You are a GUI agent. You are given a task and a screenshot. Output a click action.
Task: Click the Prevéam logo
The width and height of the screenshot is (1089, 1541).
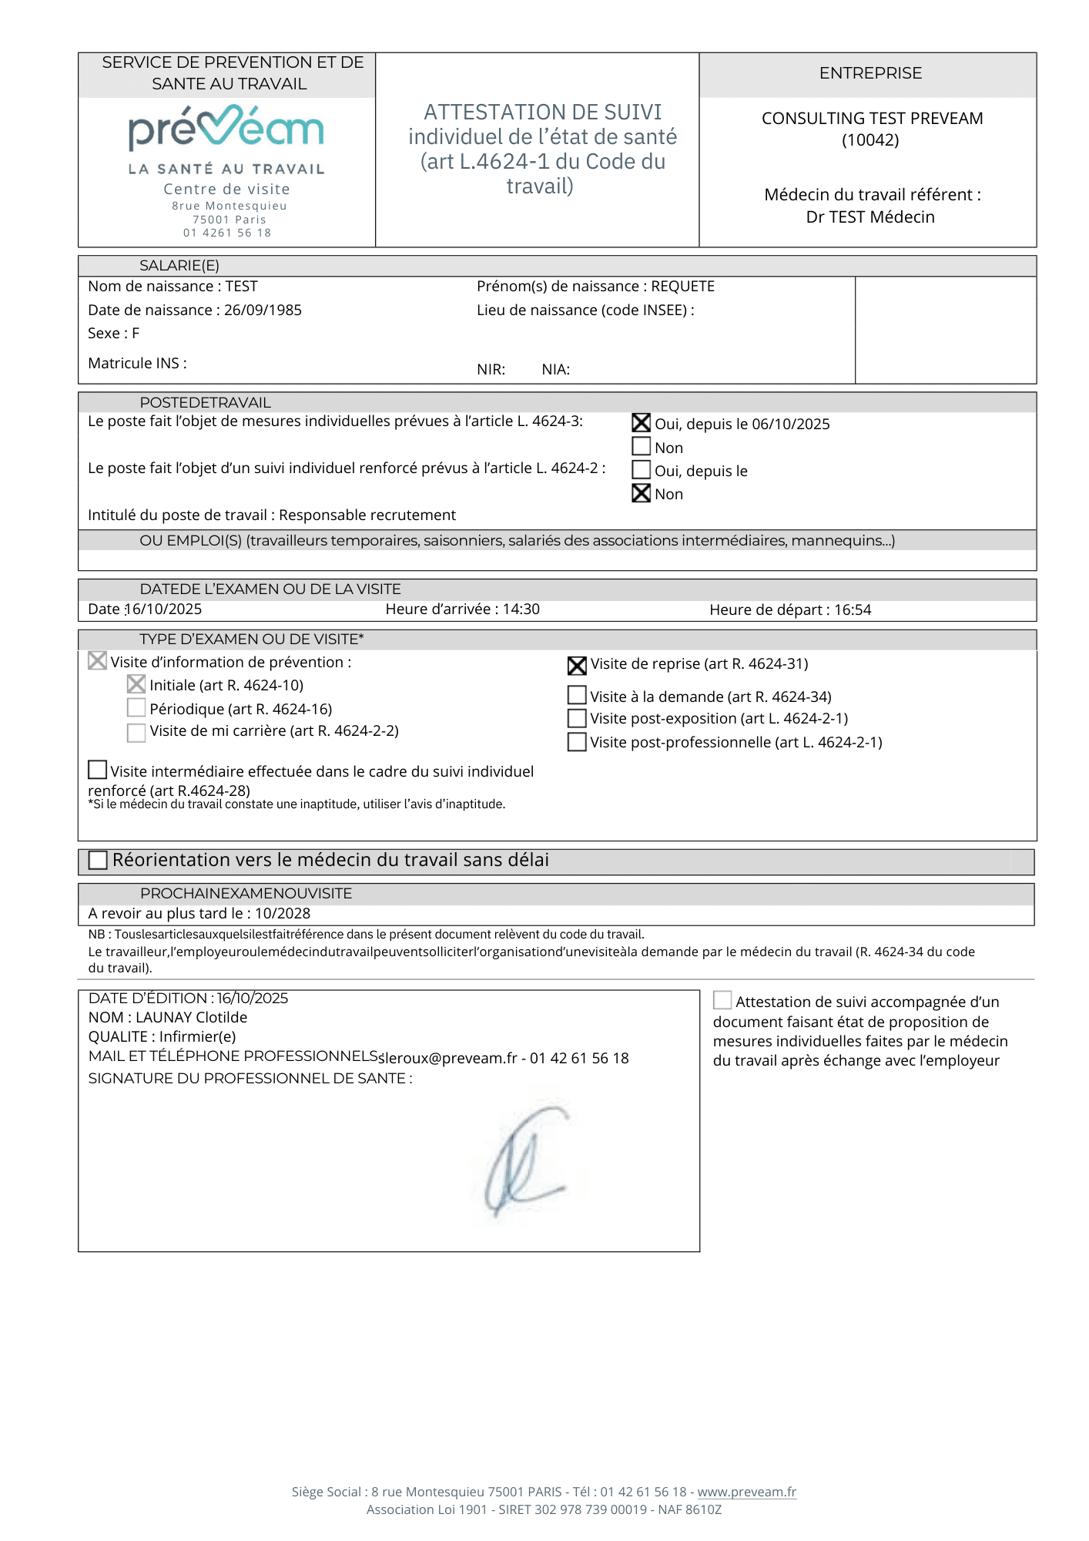pyautogui.click(x=226, y=131)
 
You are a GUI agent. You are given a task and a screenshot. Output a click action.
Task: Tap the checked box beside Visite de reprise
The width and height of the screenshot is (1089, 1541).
pyautogui.click(x=577, y=665)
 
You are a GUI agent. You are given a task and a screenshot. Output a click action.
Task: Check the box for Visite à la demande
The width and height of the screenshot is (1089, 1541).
pyautogui.click(x=577, y=696)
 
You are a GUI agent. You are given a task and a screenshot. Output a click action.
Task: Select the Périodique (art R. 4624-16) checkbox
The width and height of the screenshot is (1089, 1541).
pyautogui.click(x=136, y=708)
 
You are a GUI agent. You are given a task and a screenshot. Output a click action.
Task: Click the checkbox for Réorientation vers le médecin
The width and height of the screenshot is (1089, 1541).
pyautogui.click(x=98, y=860)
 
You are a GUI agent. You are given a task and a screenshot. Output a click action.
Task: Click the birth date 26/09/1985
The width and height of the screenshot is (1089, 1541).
pyautogui.click(x=263, y=310)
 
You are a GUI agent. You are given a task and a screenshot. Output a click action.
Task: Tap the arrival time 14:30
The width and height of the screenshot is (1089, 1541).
pyautogui.click(x=521, y=609)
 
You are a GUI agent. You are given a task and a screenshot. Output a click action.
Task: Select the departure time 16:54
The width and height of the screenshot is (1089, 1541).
pyautogui.click(x=853, y=610)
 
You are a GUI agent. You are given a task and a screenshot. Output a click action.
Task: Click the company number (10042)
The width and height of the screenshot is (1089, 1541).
pyautogui.click(x=870, y=140)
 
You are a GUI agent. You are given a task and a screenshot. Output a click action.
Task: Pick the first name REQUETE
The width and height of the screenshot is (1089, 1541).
pyautogui.click(x=682, y=287)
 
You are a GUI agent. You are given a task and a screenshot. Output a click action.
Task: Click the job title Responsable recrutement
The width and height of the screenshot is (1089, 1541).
pyautogui.click(x=367, y=515)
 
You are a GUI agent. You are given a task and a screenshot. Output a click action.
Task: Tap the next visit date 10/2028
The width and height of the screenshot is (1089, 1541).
pyautogui.click(x=283, y=914)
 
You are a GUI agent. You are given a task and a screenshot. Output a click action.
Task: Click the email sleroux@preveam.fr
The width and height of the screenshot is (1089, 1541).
pyautogui.click(x=447, y=1059)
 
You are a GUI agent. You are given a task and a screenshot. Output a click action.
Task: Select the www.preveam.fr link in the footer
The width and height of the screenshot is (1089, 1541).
pyautogui.click(x=746, y=1492)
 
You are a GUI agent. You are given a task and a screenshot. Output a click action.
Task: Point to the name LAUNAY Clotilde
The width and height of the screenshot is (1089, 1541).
pyautogui.click(x=191, y=1018)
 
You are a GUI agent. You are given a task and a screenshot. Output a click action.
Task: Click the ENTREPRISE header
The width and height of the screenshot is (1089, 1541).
pyautogui.click(x=870, y=73)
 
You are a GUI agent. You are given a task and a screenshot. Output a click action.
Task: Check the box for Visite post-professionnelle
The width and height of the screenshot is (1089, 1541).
pyautogui.click(x=577, y=742)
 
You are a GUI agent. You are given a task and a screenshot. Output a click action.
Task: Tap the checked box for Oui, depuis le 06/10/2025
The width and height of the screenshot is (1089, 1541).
pyautogui.click(x=641, y=423)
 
